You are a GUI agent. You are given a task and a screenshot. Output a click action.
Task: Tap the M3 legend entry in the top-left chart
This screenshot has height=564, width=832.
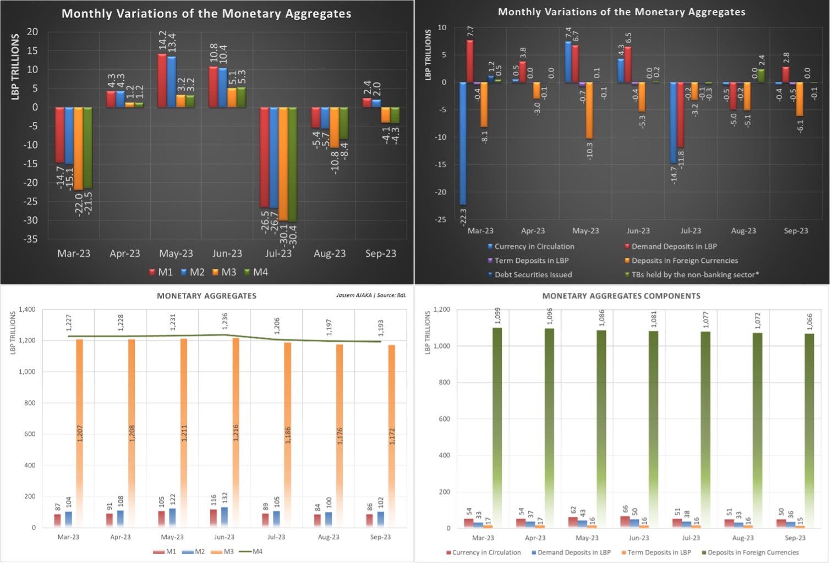224,272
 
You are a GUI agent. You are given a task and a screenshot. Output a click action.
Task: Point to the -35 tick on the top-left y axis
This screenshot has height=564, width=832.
31,239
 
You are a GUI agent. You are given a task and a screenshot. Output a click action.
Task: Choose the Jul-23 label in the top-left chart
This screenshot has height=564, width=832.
278,253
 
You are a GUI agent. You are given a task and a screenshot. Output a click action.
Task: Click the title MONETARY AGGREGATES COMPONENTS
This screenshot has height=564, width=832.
621,296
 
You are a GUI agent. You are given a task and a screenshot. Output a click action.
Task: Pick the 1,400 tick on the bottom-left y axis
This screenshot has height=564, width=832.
27,309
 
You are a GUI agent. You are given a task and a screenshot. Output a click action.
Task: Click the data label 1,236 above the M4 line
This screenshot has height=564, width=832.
225,322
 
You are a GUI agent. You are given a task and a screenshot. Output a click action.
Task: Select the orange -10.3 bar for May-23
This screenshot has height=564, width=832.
589,110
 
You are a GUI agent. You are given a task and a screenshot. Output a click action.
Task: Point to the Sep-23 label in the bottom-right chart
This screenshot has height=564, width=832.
795,538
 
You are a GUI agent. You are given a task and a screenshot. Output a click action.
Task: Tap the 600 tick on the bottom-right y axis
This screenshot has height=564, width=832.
444,419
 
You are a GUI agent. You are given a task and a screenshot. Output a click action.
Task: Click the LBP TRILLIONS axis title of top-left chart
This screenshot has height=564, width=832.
15,67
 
